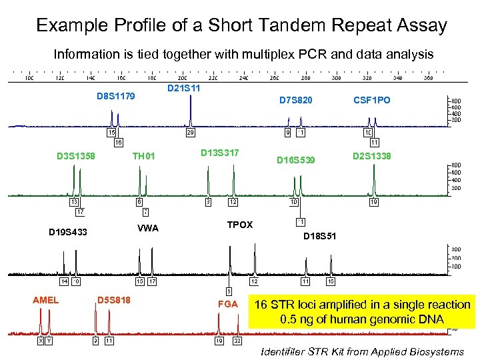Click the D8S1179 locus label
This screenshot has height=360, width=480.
pyautogui.click(x=115, y=96)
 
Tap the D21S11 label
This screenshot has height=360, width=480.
pyautogui.click(x=184, y=88)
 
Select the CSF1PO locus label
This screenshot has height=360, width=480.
pyautogui.click(x=372, y=100)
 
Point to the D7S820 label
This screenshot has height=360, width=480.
pyautogui.click(x=296, y=100)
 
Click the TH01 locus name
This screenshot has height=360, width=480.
pyautogui.click(x=143, y=157)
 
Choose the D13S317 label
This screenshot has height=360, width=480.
pyautogui.click(x=220, y=153)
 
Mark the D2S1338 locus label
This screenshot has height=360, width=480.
pyautogui.click(x=372, y=156)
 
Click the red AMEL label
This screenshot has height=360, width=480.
pyautogui.click(x=45, y=300)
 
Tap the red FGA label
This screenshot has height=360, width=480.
pyautogui.click(x=228, y=305)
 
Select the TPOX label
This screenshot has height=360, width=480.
pyautogui.click(x=240, y=225)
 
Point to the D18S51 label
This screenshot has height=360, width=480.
pyautogui.click(x=320, y=237)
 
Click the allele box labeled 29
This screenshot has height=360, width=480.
pyautogui.click(x=190, y=133)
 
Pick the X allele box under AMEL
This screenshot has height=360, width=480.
pyautogui.click(x=40, y=341)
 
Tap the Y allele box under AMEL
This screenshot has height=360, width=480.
pyautogui.click(x=49, y=341)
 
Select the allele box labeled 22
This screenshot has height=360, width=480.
pyautogui.click(x=237, y=341)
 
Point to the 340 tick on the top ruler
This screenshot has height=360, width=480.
pyautogui.click(x=397, y=77)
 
